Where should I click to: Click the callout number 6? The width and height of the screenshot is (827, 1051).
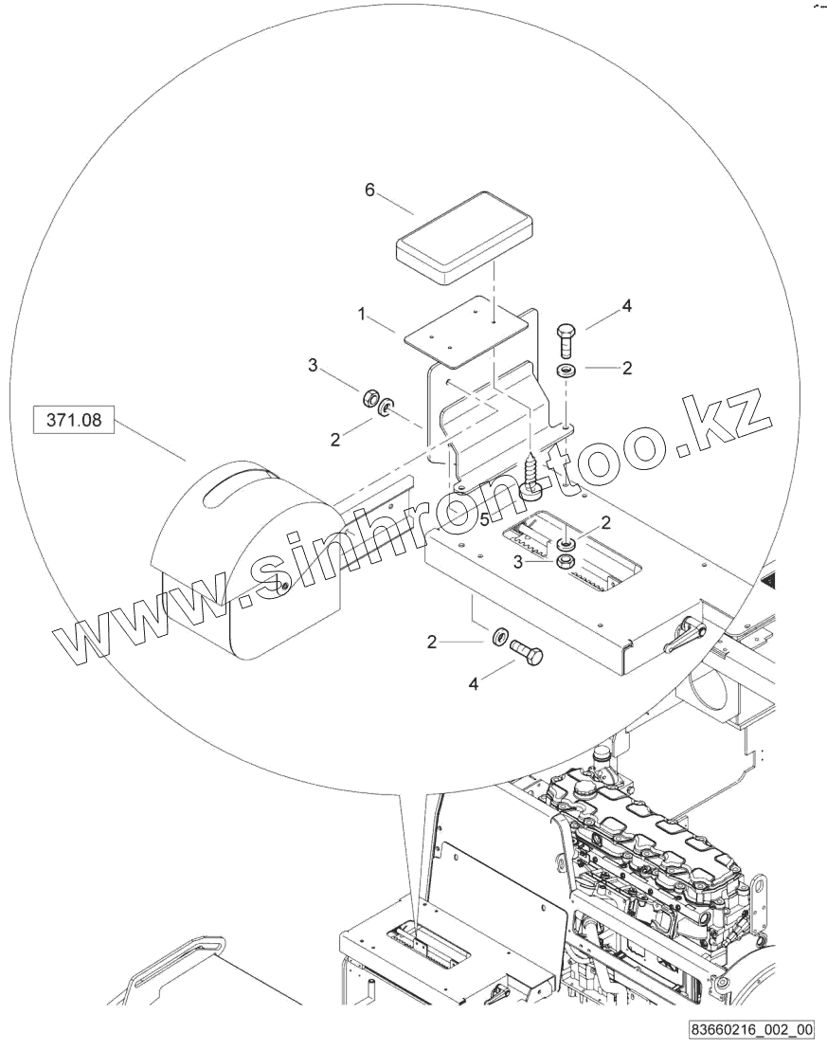[369, 190]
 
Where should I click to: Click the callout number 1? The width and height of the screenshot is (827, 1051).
[361, 313]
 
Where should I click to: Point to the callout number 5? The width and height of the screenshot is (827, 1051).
[483, 520]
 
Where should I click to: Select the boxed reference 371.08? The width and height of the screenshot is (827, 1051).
[73, 417]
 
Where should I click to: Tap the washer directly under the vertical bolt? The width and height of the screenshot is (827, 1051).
[566, 369]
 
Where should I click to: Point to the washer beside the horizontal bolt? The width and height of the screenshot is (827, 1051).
[497, 636]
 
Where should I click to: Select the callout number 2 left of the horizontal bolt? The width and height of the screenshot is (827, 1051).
[431, 642]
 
